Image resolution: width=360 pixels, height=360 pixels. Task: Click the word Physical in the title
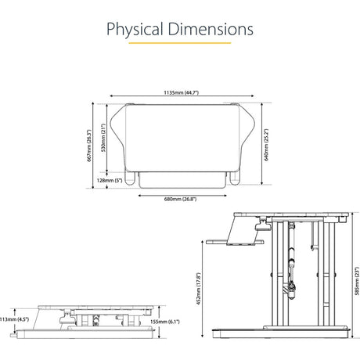click(135, 29)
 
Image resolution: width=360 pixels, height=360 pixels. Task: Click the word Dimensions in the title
click(211, 29)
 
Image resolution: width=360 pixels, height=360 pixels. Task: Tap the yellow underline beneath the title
click(180, 43)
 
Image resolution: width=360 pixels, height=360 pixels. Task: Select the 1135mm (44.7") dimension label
click(182, 92)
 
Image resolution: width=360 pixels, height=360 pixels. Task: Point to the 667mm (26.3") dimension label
click(89, 146)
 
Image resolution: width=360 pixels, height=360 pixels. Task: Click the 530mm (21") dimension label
click(103, 138)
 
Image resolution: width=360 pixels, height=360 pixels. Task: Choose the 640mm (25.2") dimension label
click(266, 145)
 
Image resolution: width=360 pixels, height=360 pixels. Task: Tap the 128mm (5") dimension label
click(110, 180)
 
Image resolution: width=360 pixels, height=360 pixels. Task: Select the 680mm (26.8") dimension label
click(180, 199)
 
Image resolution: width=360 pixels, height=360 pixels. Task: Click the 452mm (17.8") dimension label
click(199, 289)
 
